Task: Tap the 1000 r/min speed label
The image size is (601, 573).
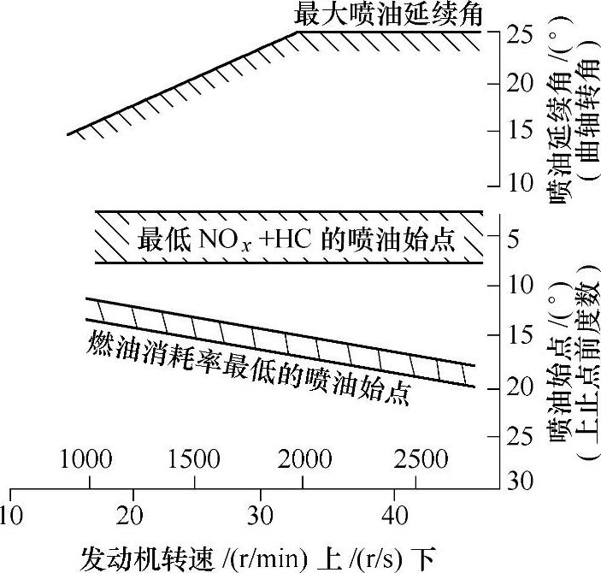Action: [85, 459]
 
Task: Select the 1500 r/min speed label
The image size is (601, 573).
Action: [193, 459]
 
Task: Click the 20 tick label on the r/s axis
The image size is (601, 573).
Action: [133, 517]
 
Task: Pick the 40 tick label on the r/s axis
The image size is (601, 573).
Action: [392, 517]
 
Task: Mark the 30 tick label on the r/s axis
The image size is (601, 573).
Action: [262, 517]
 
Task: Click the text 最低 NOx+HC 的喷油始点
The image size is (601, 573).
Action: [297, 239]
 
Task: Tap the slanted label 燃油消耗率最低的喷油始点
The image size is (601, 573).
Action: [249, 366]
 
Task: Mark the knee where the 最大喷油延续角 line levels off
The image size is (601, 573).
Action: [297, 32]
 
